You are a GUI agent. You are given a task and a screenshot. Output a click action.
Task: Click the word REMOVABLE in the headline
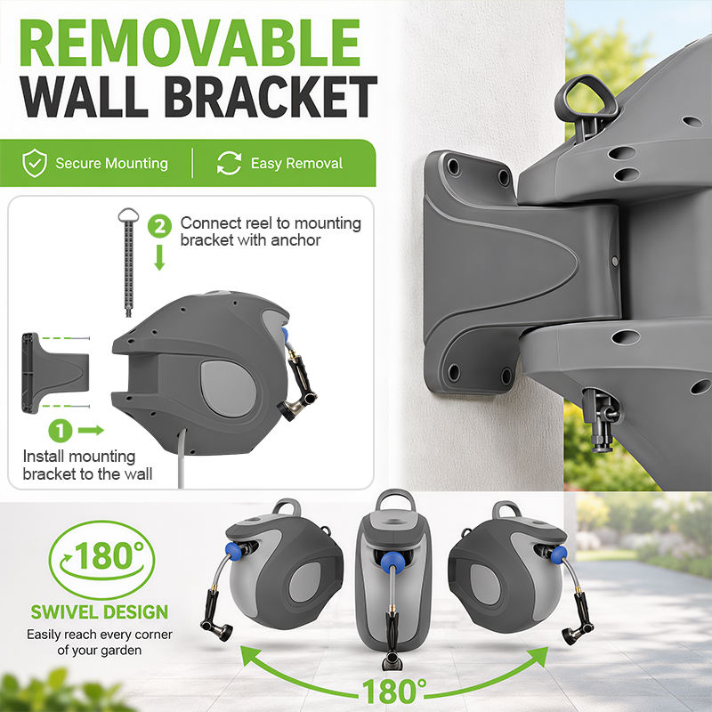coord(190,44)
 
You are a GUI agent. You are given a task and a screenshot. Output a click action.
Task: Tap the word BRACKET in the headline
coord(271,96)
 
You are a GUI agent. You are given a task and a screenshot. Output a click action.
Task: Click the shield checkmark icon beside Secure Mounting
coord(35,163)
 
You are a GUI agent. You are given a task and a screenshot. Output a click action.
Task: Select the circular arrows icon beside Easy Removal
coord(230,163)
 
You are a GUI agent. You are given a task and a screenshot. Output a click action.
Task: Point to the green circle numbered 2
coord(160,226)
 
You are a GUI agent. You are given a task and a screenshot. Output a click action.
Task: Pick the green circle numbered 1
coord(61,430)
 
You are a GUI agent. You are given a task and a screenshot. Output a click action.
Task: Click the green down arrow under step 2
coord(159,257)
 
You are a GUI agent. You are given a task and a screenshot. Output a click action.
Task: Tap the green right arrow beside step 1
coord(92,430)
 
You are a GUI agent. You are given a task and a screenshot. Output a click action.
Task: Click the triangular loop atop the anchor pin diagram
coord(128,214)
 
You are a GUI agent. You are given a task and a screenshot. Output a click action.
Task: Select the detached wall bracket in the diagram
coord(55,373)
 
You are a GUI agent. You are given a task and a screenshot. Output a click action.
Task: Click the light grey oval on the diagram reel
coord(228,389)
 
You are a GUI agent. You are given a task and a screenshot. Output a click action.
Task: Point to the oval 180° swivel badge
coord(101,560)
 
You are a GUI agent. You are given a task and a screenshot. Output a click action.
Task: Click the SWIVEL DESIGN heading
coord(100,612)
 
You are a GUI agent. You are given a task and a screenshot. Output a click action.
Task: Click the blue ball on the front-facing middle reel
coord(392,562)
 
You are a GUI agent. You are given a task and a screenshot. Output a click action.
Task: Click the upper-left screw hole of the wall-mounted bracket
coord(453,166)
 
